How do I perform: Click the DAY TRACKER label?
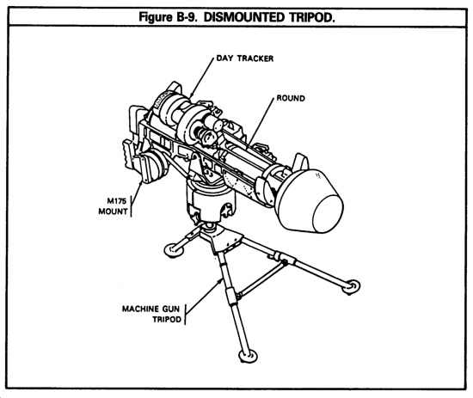[245, 58]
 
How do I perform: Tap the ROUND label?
[291, 98]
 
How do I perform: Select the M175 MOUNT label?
[113, 206]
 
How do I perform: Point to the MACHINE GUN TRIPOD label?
[151, 314]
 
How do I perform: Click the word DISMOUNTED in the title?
[244, 17]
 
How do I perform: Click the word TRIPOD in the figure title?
[311, 17]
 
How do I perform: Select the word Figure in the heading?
[155, 18]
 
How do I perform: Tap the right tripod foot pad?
[351, 287]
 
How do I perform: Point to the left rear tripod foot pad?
[174, 250]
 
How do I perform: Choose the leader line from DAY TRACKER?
[201, 77]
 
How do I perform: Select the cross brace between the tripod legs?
[261, 279]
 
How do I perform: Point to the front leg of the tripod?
[232, 302]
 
